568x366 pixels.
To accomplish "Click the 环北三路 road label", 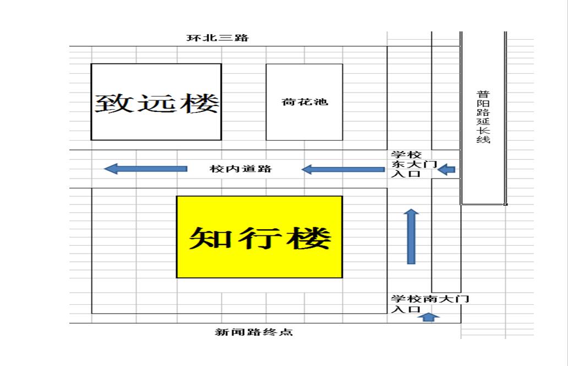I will point(217,38).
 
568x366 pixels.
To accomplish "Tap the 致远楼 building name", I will point(157,103).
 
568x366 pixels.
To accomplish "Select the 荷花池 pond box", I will point(304,102).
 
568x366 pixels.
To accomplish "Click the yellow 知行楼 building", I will point(259,237).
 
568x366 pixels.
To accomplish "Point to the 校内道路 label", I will point(241,169).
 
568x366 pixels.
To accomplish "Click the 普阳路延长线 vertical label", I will point(483,117).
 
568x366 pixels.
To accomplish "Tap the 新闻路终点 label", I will point(253,332).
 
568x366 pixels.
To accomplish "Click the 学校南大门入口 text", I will point(429,304).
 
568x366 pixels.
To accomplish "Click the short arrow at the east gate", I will point(447,169).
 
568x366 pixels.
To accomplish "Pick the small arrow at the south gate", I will point(429,317).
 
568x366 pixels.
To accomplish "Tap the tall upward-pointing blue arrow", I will point(411,236).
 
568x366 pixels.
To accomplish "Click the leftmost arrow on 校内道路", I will point(145,169).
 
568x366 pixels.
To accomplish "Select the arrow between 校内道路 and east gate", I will point(343,169).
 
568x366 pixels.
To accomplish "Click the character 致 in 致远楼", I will point(115,103).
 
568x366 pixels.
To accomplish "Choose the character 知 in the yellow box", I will point(207,238).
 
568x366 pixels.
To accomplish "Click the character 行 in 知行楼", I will point(260,238).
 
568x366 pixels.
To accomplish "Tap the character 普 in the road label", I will point(483,94).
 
